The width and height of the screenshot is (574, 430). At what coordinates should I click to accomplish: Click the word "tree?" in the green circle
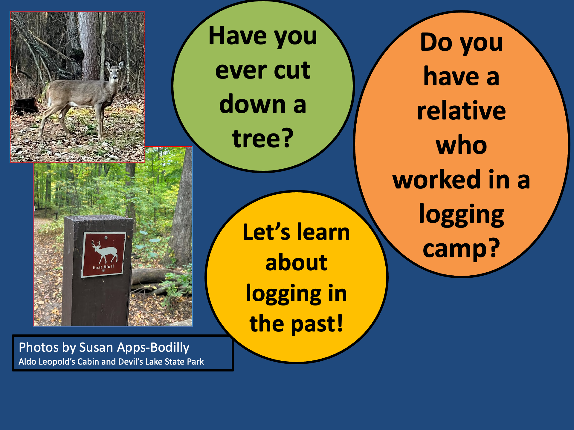(x=263, y=139)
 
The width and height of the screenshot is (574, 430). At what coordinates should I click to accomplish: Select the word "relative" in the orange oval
(x=461, y=111)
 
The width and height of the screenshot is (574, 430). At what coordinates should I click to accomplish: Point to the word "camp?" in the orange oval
(x=461, y=248)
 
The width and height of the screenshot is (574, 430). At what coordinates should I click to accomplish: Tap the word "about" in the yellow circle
(x=296, y=263)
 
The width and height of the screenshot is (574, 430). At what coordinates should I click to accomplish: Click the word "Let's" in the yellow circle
(x=266, y=232)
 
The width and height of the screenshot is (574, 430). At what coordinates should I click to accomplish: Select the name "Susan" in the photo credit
(x=96, y=348)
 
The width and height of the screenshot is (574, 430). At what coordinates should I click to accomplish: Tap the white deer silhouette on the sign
(x=104, y=252)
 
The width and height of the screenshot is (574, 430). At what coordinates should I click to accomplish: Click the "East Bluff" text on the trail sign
(x=103, y=267)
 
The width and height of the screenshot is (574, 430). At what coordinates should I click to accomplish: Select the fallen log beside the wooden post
(x=158, y=276)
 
